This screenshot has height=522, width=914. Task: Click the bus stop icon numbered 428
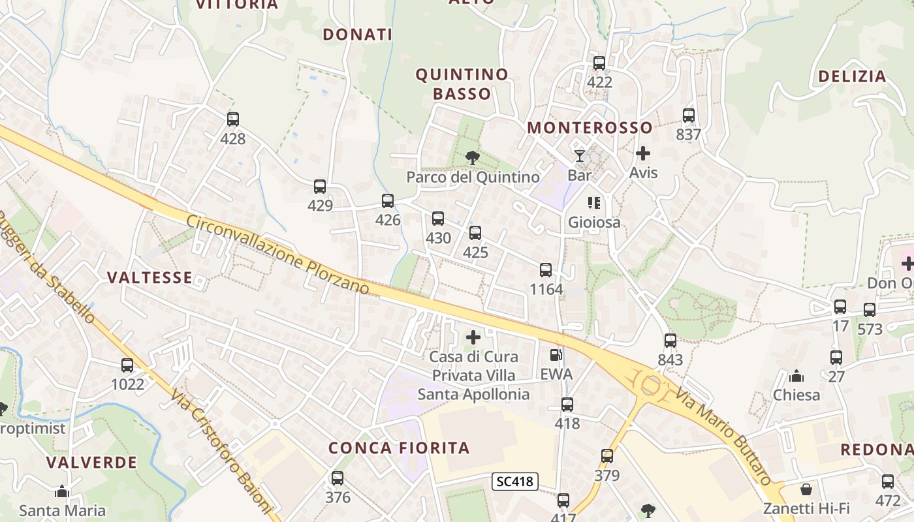233,119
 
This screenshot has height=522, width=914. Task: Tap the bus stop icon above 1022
127,365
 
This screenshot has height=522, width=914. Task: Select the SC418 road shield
515,482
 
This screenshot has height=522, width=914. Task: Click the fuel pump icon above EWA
556,355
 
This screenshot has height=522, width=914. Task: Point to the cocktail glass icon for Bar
579,155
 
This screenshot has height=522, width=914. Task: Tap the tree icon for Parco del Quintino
472,157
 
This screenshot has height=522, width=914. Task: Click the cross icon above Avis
643,153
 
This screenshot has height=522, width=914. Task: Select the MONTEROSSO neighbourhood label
590,127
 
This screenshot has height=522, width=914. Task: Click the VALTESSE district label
150,278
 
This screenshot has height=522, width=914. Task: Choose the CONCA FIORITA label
399,448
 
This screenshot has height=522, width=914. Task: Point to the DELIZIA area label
853,76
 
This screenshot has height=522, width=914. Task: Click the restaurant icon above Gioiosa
593,203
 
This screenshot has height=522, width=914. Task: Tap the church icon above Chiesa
796,376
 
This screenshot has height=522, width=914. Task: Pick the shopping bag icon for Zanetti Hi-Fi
806,489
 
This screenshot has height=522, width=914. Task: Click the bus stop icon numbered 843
670,341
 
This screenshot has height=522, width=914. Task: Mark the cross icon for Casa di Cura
473,337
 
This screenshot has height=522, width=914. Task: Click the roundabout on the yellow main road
651,385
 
